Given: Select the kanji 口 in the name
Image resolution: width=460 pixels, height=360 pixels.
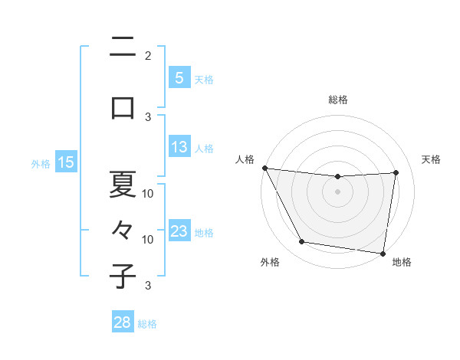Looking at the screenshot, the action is (x=123, y=107).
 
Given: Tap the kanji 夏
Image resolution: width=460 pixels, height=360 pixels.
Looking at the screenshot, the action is (x=123, y=184).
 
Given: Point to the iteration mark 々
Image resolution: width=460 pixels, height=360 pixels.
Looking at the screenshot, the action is (x=123, y=229).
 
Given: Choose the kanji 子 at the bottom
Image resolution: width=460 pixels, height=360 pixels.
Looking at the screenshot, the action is (x=123, y=276).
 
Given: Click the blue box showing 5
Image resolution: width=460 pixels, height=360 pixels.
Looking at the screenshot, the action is (x=179, y=77).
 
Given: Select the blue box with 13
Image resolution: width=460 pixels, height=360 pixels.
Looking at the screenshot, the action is (x=179, y=147).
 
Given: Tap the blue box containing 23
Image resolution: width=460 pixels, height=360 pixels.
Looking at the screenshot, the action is (x=179, y=231).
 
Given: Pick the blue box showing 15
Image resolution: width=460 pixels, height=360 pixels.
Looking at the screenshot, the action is (x=65, y=162).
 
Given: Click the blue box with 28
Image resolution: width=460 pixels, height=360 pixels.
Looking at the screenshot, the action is (x=122, y=322).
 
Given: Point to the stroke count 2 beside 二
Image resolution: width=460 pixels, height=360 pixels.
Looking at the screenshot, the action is (x=148, y=55).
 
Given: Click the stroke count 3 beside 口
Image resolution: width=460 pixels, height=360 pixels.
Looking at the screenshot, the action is (x=148, y=116).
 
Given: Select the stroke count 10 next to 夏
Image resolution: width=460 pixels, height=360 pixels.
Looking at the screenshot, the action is (x=148, y=193).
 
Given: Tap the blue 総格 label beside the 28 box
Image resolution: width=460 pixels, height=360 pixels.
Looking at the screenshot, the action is (x=147, y=323).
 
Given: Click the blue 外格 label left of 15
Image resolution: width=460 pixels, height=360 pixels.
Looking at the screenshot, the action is (x=41, y=163).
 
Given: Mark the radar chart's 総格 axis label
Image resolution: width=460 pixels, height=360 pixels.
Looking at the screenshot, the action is (x=337, y=100).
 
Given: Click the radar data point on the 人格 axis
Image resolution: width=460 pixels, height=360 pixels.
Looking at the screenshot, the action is (x=264, y=168).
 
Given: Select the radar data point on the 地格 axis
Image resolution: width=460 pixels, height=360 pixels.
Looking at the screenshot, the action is (x=383, y=253).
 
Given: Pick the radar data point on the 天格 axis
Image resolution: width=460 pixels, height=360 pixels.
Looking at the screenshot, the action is (x=396, y=172).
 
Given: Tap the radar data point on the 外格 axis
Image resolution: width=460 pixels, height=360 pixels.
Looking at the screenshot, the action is (x=301, y=243).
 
